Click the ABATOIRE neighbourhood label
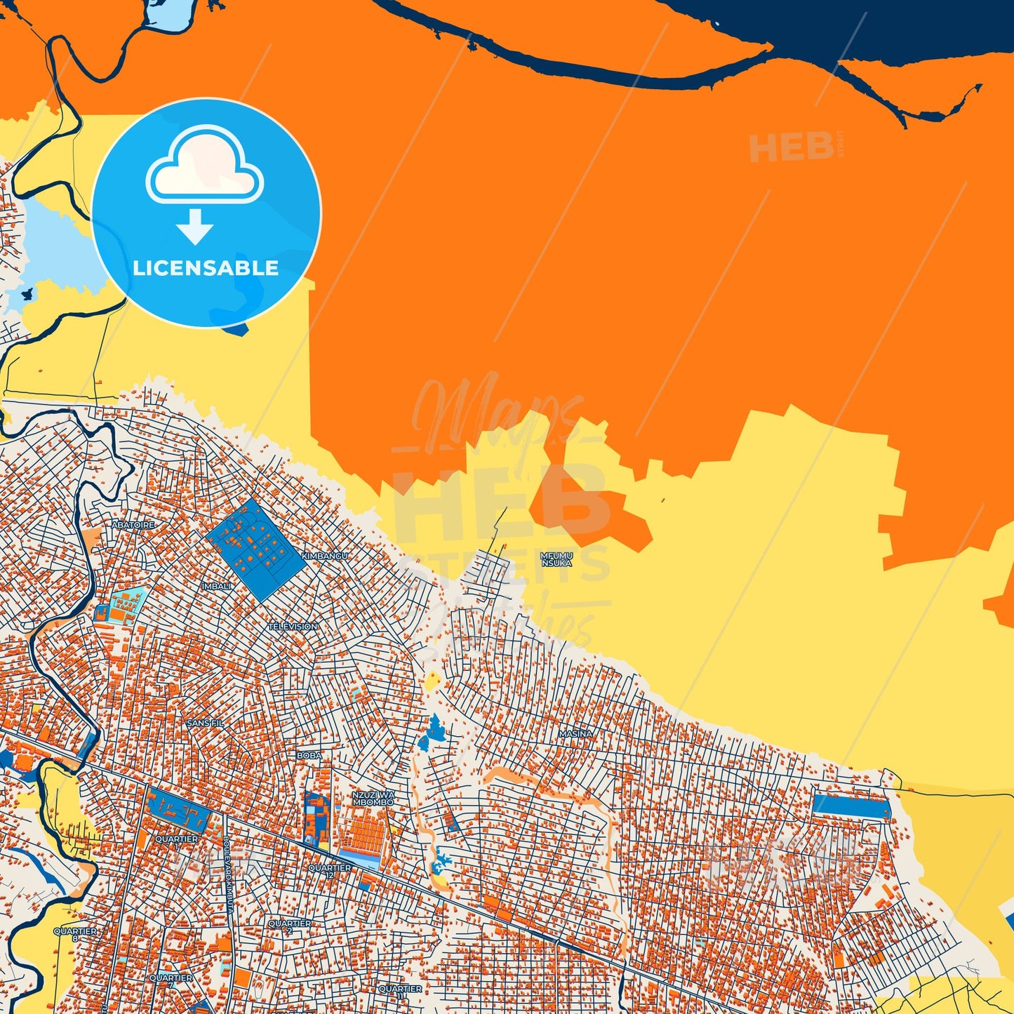133,524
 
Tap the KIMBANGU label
324,556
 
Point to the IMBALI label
216,586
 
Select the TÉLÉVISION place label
293,626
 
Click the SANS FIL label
205,722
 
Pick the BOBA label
309,755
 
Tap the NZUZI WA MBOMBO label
373,798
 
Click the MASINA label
575,733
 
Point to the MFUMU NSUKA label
556,559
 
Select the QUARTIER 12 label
330,871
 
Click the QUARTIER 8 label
75,934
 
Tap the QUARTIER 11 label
400,992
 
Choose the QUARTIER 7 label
171,980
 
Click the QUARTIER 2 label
289,926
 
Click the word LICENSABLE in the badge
206,267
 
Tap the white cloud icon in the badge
204,166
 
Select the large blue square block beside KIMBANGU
255,549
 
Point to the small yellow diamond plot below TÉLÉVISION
433,679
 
